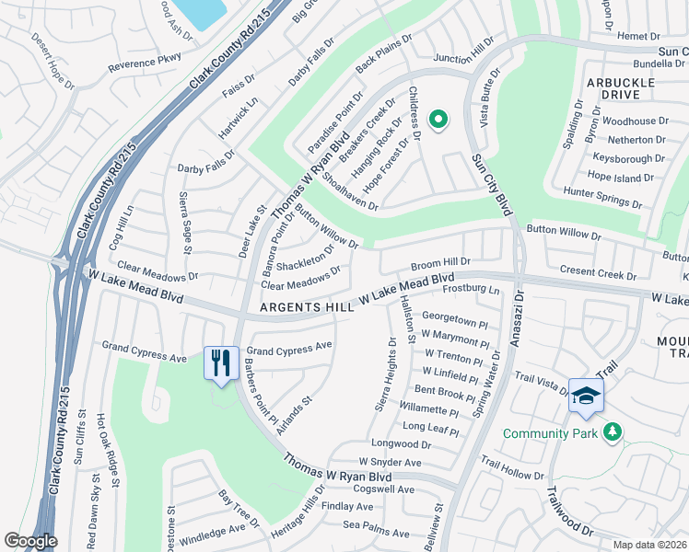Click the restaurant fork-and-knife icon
(x=220, y=362)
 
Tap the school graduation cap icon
(x=585, y=396)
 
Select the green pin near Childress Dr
(x=439, y=119)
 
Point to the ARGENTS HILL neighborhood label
(x=308, y=307)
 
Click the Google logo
(x=30, y=540)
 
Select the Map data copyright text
(x=649, y=545)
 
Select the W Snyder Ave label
(x=390, y=463)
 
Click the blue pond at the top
(x=201, y=11)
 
